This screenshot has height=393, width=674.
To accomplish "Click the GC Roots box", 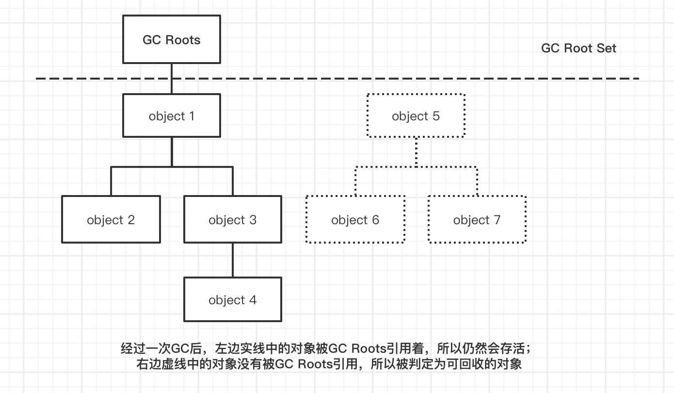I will [172, 39].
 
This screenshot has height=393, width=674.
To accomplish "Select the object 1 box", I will [172, 115].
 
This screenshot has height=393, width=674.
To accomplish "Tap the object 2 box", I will [111, 219].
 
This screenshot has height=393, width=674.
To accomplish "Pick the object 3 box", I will [233, 219].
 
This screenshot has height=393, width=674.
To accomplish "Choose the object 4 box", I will [233, 299].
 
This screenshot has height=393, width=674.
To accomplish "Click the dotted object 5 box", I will [416, 115].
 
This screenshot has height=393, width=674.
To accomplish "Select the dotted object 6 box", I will [355, 219].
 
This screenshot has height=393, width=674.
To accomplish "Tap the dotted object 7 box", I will [477, 219].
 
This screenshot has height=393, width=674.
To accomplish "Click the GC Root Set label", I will [578, 49].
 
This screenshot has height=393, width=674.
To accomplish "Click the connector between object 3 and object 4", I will [233, 260].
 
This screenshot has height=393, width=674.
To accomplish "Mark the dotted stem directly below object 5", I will [416, 151].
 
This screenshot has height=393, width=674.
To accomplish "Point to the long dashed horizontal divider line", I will [388, 78].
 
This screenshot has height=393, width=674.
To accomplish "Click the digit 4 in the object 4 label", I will [253, 299].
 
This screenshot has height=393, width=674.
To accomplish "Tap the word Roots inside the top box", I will [184, 40].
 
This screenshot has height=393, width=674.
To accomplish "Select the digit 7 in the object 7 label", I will [497, 219].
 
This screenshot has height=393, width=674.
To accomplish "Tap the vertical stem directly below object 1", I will [172, 151].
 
